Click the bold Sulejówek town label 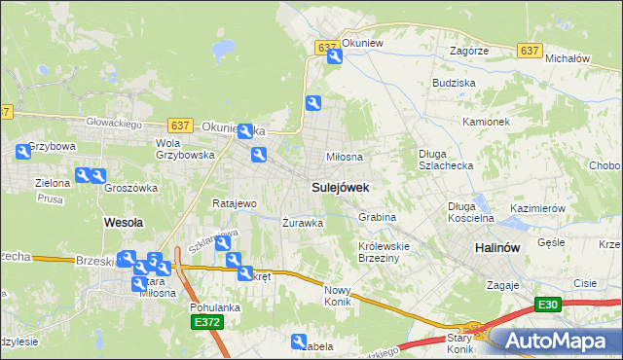(340, 185)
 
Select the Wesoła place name (124, 222)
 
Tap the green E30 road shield (549, 305)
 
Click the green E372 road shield (206, 322)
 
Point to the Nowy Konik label (337, 296)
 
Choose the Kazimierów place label (537, 209)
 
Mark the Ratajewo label (234, 203)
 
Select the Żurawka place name (302, 222)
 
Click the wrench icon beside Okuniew (334, 57)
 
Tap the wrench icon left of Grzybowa (23, 152)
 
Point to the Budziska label (454, 84)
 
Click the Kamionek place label (487, 123)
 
